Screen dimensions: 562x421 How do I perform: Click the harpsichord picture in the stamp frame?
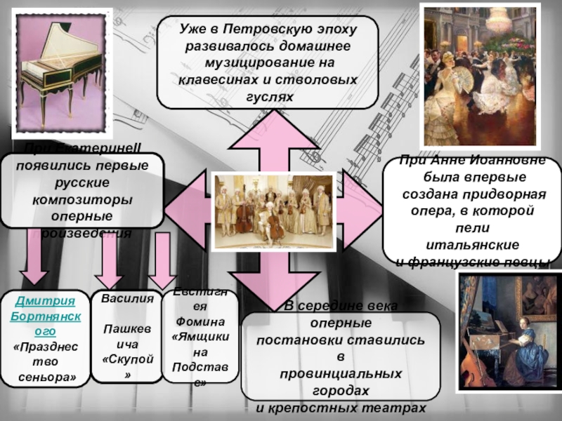tap(59, 72)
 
